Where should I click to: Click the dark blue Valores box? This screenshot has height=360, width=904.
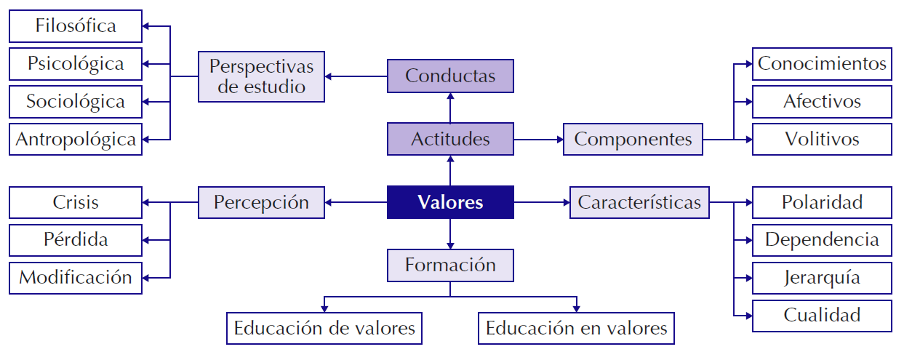450,202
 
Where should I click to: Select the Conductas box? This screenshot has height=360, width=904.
450,76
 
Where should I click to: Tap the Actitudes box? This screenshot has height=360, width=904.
450,139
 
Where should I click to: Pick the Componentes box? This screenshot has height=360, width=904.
633,139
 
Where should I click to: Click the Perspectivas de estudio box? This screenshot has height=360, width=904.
261,76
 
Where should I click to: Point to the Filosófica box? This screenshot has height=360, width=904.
76,26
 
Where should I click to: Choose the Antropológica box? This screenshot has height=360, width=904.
76,139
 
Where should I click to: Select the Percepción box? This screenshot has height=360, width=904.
261,202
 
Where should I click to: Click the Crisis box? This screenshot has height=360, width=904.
76,202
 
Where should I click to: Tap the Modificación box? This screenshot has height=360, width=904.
76,277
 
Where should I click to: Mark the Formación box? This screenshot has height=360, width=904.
450,265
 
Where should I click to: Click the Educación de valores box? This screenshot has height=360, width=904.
324,328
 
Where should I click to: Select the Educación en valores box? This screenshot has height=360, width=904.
576,328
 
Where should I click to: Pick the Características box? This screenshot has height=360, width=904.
639,202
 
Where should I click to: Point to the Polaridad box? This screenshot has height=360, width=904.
822,202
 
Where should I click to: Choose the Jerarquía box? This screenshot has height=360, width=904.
822,277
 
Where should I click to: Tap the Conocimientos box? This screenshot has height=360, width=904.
822,64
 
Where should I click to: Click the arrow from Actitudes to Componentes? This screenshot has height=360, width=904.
538,139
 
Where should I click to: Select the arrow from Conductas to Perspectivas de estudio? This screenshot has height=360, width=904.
356,76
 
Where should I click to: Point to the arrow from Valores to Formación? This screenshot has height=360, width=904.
450,233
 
